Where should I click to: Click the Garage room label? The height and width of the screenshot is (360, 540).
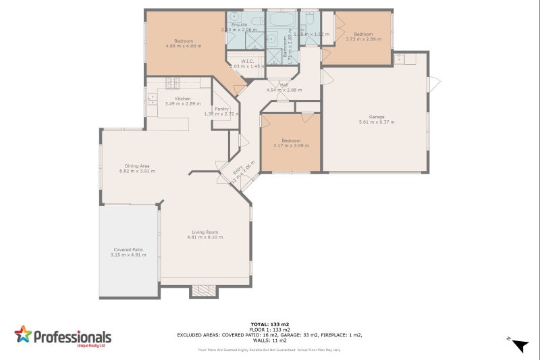click(x=377, y=116)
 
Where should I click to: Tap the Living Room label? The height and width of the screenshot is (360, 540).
click(x=206, y=232)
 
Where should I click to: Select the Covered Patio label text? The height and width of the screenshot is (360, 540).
click(x=127, y=250)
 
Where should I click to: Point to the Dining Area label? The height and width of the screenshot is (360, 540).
click(x=136, y=165)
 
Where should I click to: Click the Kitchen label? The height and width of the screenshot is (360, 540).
click(x=173, y=98)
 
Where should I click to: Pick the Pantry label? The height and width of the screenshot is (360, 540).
click(x=221, y=108)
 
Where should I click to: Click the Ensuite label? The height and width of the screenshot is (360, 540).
click(x=239, y=24)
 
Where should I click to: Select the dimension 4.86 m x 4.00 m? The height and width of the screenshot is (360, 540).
click(x=184, y=46)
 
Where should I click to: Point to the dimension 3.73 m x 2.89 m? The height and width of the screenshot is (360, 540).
click(x=364, y=39)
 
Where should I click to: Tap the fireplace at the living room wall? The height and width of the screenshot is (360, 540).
click(x=204, y=291)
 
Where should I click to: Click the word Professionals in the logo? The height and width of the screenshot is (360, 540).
click(x=73, y=336)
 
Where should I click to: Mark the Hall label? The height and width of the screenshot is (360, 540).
click(x=284, y=85)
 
